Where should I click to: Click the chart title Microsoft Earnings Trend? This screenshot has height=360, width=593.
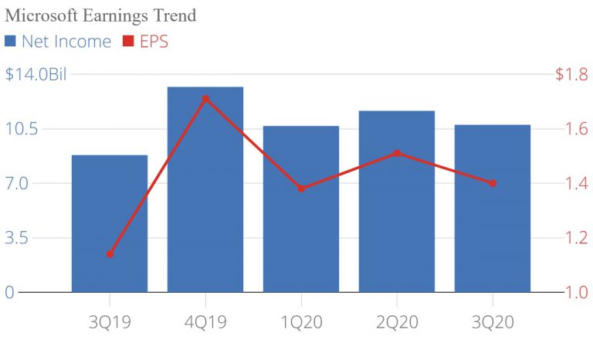tap(100, 15)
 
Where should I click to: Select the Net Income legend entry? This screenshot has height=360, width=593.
tap(58, 42)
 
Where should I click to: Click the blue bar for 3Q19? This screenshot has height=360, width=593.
tap(110, 224)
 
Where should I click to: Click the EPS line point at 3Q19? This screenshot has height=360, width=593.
tap(110, 254)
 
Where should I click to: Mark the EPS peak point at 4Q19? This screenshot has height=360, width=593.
tap(205, 99)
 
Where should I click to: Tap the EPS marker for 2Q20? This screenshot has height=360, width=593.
tap(397, 153)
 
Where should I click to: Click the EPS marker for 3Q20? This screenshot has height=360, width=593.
tap(493, 183)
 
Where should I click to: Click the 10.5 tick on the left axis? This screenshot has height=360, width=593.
tap(22, 129)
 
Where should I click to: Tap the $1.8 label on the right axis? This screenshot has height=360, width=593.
tap(571, 74)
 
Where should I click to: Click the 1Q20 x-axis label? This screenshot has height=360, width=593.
tap(301, 322)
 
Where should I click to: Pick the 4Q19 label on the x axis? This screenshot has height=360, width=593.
tap(205, 322)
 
